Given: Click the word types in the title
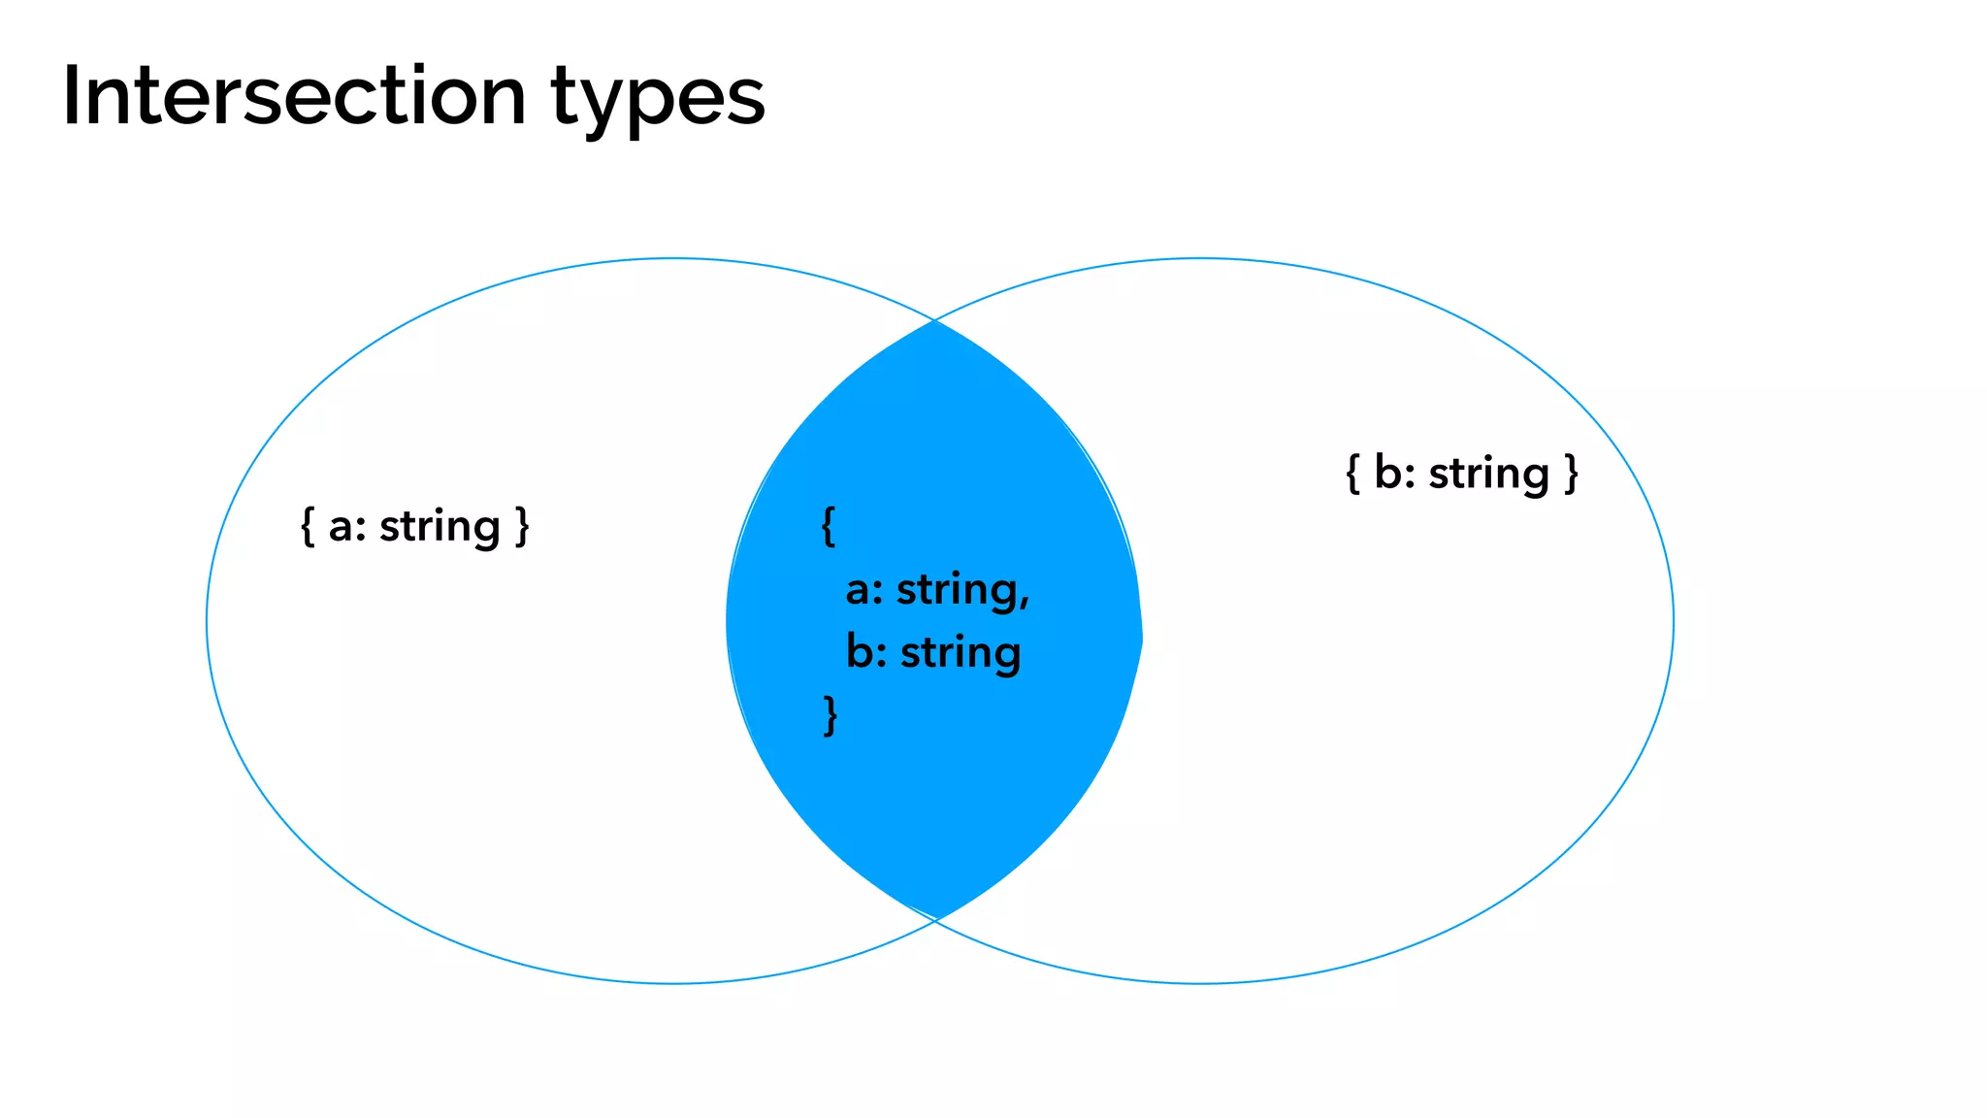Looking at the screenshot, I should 658,100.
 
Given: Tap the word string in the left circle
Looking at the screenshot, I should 440,528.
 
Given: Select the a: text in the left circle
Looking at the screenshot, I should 347,527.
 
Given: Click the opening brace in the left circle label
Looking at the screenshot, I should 308,527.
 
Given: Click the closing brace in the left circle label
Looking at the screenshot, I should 522,527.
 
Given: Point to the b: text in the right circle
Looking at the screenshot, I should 1394,474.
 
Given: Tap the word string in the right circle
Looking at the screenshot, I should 1488,475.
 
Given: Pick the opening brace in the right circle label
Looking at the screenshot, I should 1352,474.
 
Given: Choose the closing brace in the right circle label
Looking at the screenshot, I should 1571,474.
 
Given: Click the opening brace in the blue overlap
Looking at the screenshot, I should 828,527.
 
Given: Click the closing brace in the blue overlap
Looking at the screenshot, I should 830,715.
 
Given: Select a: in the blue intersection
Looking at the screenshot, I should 864,590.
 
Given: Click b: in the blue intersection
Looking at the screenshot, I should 866,652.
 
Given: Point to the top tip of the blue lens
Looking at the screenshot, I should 934,323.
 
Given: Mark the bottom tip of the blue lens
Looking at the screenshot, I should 936,916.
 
